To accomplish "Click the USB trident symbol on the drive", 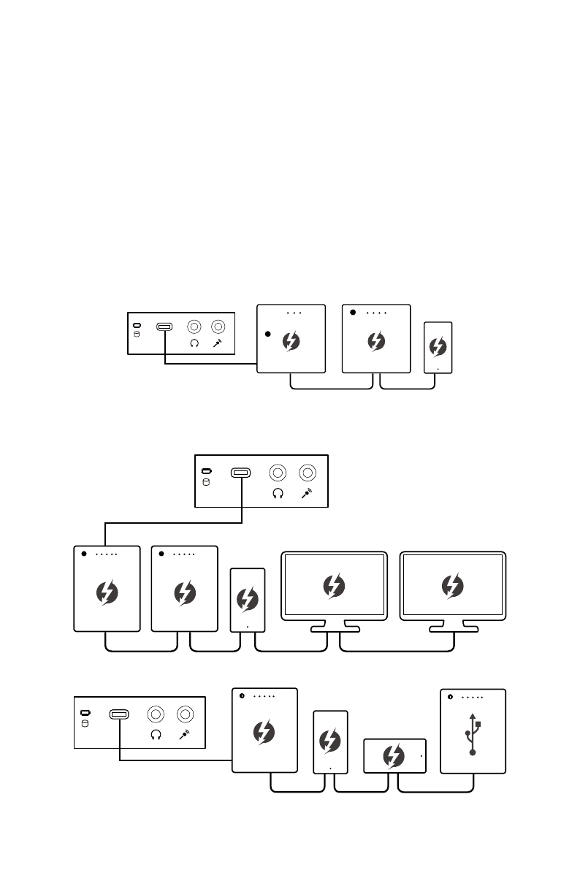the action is click(473, 733).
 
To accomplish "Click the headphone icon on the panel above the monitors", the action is click(278, 495).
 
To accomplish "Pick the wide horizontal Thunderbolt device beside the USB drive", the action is click(394, 755).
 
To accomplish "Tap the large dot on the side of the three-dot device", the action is click(267, 334).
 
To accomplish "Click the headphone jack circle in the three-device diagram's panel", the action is click(194, 327).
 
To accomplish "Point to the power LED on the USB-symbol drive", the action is click(450, 697).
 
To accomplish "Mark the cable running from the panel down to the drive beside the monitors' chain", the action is click(174, 522).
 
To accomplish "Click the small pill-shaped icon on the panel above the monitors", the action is click(207, 472).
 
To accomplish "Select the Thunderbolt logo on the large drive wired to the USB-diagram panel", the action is click(264, 732).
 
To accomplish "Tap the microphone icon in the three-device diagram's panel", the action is click(218, 343).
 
